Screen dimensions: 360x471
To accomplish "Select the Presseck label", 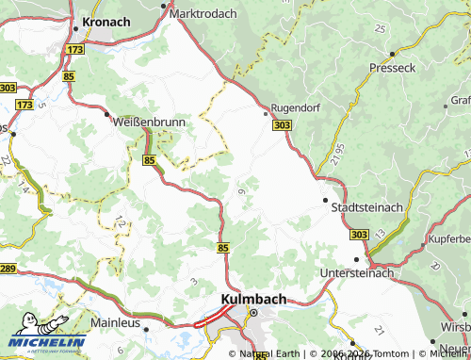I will click(x=392, y=69).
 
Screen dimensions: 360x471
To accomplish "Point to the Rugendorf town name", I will click(x=296, y=107).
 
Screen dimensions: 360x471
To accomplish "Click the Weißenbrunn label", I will click(x=149, y=123).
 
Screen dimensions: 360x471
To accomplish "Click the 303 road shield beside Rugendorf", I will click(x=281, y=124).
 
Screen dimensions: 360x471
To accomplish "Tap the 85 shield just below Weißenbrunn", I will click(x=150, y=161).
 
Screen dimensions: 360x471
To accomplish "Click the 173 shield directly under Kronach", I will click(x=75, y=47).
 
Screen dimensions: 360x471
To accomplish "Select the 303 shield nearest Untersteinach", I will click(x=359, y=234).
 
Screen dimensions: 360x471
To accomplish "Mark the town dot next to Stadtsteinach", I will click(x=326, y=201).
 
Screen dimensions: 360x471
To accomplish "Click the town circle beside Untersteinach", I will click(x=357, y=259).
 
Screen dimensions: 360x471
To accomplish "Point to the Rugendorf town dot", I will click(x=265, y=112).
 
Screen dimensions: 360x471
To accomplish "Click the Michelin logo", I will click(x=48, y=339).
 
